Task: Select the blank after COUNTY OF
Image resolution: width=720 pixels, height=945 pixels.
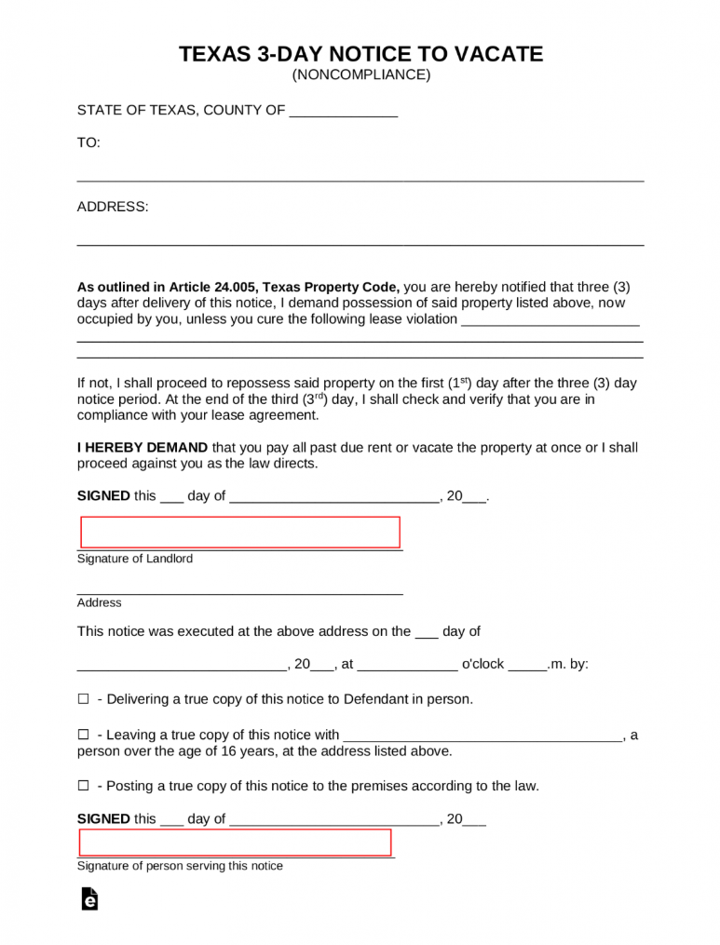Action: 344,112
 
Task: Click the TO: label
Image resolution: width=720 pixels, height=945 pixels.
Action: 88,142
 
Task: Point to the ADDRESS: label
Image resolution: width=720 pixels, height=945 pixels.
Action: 112,207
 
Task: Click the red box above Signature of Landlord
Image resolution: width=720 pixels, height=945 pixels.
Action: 240,532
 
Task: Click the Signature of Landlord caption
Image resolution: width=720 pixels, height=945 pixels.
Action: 135,559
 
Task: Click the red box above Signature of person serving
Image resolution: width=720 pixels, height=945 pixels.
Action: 235,842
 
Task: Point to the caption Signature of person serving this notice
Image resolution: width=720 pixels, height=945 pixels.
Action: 180,866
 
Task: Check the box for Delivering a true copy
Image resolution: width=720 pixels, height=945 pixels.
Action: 83,699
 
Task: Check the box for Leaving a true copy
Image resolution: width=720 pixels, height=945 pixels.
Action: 83,735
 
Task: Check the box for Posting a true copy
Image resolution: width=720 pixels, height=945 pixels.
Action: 83,786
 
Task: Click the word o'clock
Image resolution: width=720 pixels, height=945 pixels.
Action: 482,665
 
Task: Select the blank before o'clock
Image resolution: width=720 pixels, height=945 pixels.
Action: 407,665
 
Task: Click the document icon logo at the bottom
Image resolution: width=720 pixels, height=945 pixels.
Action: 89,898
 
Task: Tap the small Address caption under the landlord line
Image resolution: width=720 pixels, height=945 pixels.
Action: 100,602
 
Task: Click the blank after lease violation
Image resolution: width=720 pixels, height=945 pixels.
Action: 550,319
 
